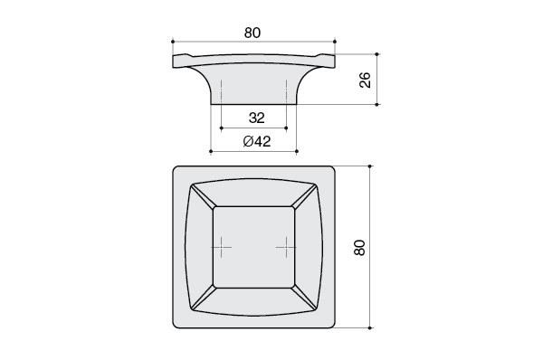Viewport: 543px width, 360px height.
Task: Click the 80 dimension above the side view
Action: click(252, 33)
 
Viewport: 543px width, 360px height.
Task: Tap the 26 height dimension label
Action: click(366, 80)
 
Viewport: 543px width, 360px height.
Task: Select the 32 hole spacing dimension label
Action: click(257, 118)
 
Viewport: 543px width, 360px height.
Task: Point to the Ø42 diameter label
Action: click(257, 141)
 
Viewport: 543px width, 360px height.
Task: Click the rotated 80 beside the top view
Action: click(360, 247)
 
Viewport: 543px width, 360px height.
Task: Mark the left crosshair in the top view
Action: click(222, 247)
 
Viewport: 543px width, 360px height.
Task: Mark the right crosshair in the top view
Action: click(286, 247)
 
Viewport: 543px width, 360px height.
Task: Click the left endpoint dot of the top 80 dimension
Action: click(173, 42)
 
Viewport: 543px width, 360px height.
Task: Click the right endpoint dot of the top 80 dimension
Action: click(335, 42)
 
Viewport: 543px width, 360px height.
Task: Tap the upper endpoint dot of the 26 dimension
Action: click(377, 54)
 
